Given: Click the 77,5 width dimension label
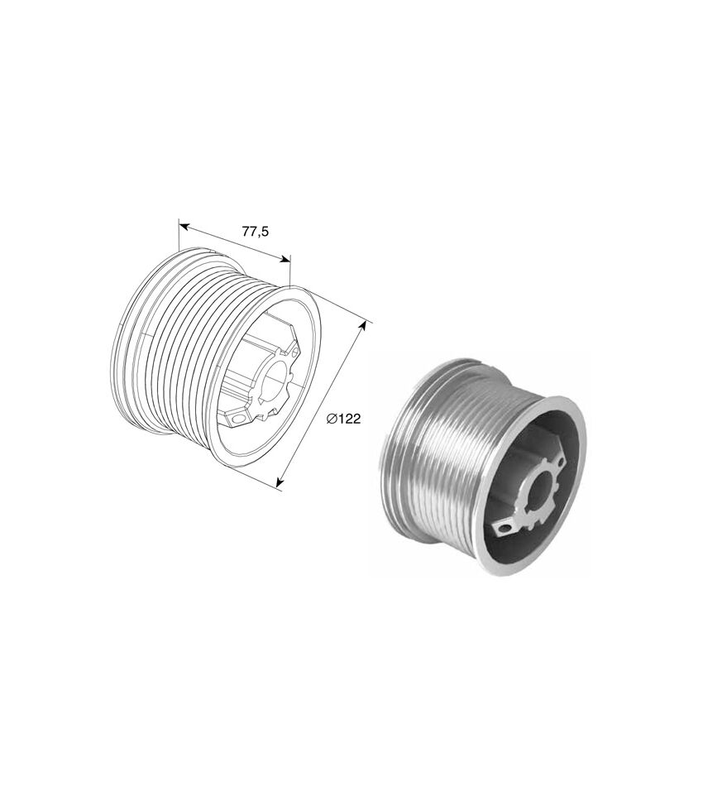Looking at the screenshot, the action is [x=256, y=231].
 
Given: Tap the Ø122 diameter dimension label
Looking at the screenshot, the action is [x=344, y=419].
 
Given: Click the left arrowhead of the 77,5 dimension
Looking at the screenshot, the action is [x=184, y=227].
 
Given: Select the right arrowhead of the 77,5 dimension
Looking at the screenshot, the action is [x=285, y=259].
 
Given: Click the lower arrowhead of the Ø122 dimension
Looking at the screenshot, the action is [x=280, y=482].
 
